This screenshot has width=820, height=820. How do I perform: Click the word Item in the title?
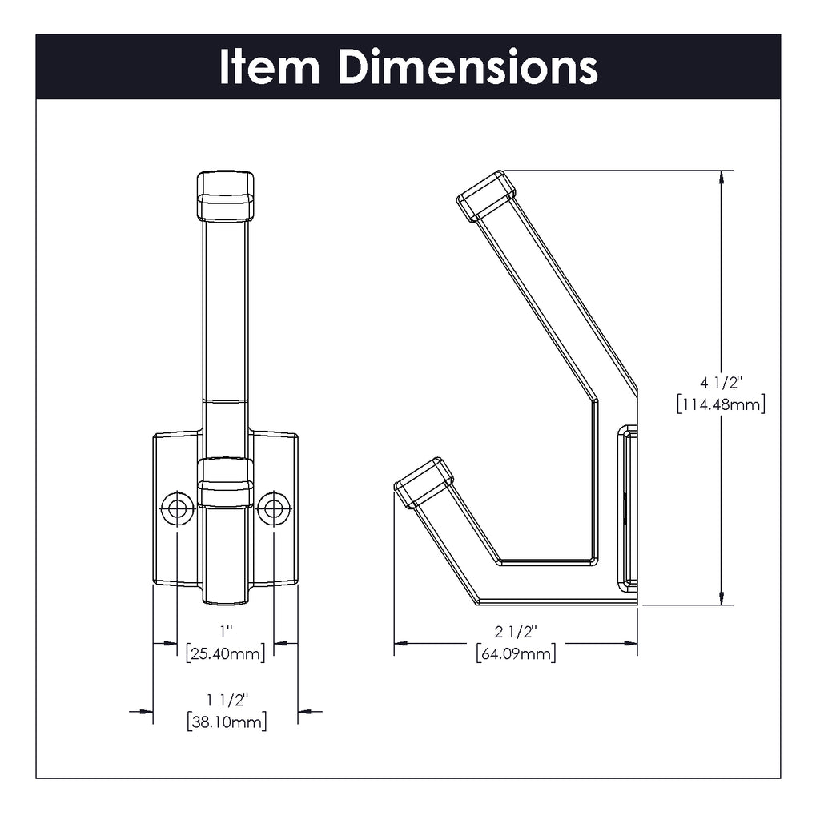pos(269,67)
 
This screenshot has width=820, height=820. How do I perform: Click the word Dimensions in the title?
pos(468,67)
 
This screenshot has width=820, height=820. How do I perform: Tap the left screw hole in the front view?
pos(177,508)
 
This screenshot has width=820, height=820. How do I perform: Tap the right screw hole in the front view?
pos(274,508)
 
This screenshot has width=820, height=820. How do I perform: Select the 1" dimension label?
pos(226,632)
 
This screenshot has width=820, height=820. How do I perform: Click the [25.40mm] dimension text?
pos(226,653)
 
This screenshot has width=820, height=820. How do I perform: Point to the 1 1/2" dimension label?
pos(226,700)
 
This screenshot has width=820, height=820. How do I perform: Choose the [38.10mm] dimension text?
pos(227,722)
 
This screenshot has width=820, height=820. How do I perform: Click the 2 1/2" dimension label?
pos(516,632)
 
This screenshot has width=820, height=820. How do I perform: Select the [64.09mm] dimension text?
pos(516,653)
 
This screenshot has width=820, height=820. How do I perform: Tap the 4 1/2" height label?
pos(722,383)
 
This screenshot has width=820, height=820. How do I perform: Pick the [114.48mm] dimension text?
pos(721,404)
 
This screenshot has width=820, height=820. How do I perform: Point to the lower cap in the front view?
pos(225,483)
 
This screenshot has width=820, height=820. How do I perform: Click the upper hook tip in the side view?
pos(486,195)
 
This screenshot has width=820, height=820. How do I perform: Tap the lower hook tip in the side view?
pos(424,483)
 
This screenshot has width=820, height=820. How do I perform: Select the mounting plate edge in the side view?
pos(628,508)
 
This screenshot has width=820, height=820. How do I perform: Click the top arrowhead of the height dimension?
pos(722,177)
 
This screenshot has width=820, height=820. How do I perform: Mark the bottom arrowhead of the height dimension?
pos(722,597)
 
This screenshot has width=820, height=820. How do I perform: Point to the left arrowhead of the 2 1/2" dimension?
pos(401,643)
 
